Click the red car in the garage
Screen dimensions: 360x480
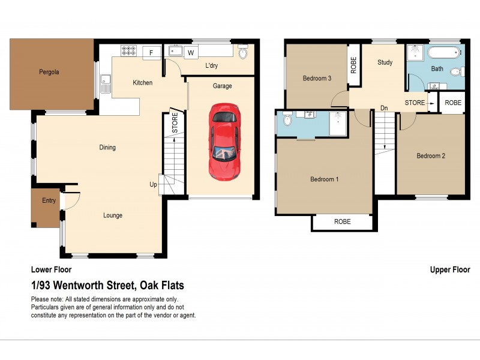224,142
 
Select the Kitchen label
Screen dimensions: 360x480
142,83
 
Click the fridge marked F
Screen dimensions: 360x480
151,53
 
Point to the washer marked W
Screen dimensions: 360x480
191,53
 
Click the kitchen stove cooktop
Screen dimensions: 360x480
128,51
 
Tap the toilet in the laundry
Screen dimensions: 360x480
243,53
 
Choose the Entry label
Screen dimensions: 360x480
49,200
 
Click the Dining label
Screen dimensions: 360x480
107,148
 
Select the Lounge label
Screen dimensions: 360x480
112,215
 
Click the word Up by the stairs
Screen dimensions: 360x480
153,185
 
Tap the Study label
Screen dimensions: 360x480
384,62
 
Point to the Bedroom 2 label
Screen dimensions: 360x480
431,156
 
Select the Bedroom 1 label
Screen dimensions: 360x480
324,179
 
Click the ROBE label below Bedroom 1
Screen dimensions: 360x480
342,222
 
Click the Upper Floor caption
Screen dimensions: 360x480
450,270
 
